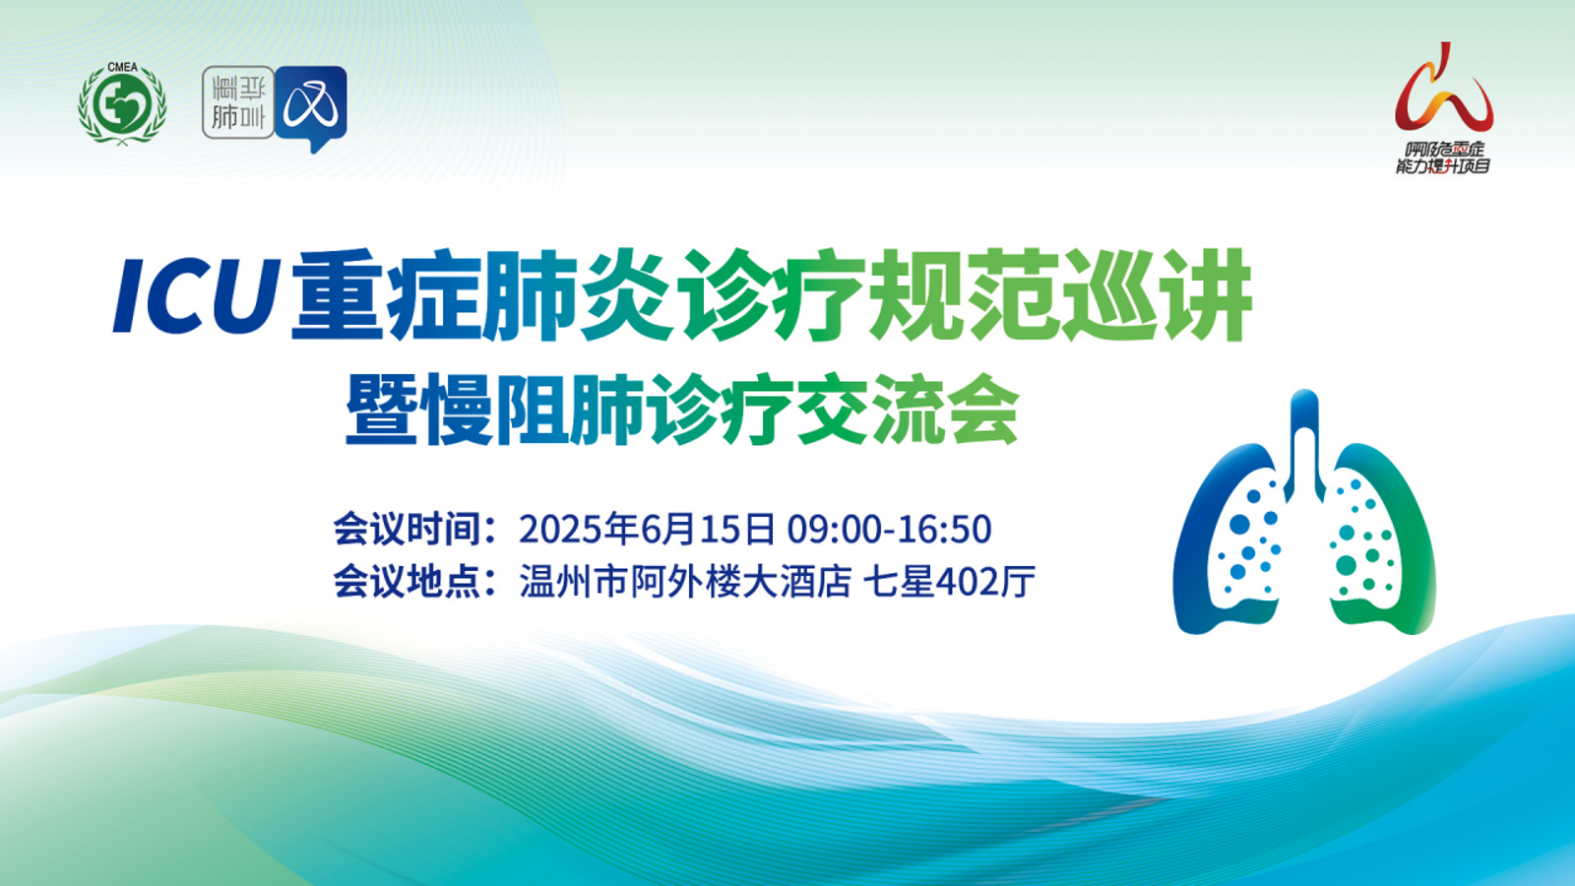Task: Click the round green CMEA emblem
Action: [x=122, y=104]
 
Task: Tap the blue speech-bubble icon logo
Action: [x=311, y=107]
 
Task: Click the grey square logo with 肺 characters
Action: [x=237, y=102]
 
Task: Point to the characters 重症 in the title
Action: [x=386, y=294]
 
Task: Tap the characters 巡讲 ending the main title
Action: [x=1157, y=294]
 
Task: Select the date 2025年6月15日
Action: [x=647, y=529]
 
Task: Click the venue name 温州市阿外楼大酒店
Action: [x=685, y=582]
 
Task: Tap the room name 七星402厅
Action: [x=949, y=582]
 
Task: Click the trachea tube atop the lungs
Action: [x=1305, y=443]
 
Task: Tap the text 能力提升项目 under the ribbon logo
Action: [x=1443, y=166]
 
